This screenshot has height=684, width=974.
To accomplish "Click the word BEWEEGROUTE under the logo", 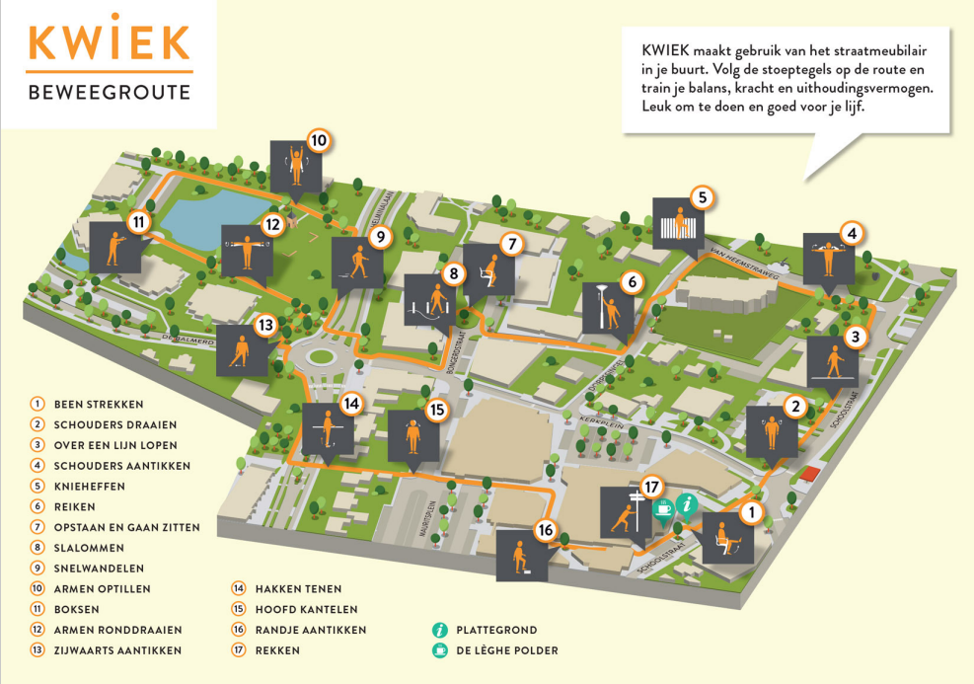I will [109, 94].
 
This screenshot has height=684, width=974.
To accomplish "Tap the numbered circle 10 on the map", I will [318, 140].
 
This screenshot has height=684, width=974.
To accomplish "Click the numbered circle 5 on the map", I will [702, 197].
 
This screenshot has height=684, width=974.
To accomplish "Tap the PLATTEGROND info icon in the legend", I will [439, 630].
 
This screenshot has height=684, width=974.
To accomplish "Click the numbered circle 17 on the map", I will [649, 487].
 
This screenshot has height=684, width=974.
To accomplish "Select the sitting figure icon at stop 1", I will [727, 538].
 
